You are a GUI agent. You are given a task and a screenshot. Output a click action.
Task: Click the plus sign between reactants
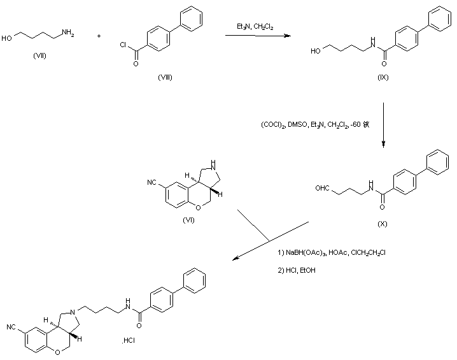[99, 36]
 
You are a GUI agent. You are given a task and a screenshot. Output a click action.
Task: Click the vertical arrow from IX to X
[384, 124]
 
